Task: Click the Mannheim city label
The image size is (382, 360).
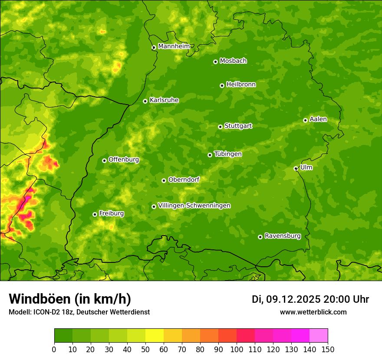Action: [x=174, y=46]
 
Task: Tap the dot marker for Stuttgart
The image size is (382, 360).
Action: [x=220, y=127]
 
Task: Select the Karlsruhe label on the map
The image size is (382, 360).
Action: [x=164, y=100]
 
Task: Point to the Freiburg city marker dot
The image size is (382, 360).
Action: [x=95, y=214]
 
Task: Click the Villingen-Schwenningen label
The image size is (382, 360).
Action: [x=194, y=206]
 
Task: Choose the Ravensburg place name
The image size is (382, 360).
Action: [x=283, y=236]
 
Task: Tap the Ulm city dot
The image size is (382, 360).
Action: [x=296, y=168]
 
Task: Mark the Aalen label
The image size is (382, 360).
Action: [x=318, y=119]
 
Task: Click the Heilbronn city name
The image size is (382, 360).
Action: [x=241, y=85]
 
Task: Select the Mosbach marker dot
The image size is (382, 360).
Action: [x=215, y=62]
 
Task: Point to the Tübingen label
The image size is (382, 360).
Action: [x=228, y=154]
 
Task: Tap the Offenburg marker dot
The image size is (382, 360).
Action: [x=104, y=160]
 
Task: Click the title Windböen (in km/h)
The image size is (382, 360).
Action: [x=70, y=299]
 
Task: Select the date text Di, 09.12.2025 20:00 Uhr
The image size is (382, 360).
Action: [x=310, y=299]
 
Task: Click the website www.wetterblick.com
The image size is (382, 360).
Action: [x=313, y=312]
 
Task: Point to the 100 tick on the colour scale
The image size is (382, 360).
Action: [x=237, y=349]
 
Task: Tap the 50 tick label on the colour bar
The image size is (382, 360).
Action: [x=145, y=349]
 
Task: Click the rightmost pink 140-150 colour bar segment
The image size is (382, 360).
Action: [x=319, y=335]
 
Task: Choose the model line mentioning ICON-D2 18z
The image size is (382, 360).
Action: [x=79, y=312]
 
